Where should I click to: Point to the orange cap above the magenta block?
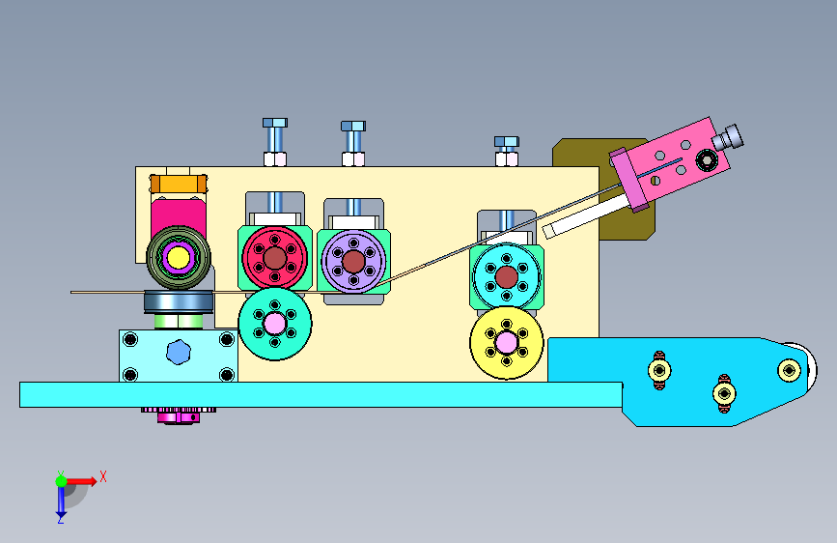[x=179, y=184]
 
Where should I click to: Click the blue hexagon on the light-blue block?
[x=179, y=353]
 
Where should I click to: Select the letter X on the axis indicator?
[x=103, y=476]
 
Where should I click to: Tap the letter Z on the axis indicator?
[x=60, y=519]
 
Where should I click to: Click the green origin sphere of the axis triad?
[x=62, y=481]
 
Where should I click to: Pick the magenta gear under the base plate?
[x=179, y=414]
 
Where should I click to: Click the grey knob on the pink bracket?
[x=728, y=137]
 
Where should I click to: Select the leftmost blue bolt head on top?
[x=275, y=123]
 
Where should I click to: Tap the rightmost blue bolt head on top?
[x=507, y=142]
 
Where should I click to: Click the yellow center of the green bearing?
[x=179, y=258]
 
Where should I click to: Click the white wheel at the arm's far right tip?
[x=809, y=368]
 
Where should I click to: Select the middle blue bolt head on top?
[x=353, y=127]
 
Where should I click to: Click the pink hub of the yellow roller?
[x=507, y=343]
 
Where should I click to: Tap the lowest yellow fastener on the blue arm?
[x=724, y=394]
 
